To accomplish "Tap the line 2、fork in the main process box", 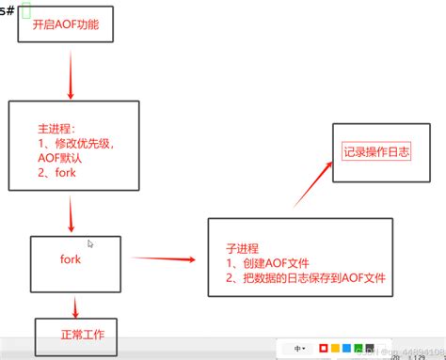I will (53, 172).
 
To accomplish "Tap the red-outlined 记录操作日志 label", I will (376, 150).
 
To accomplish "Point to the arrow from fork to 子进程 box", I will (166, 257).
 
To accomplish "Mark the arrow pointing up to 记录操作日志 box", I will (313, 182).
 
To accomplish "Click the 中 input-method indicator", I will (298, 348).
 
